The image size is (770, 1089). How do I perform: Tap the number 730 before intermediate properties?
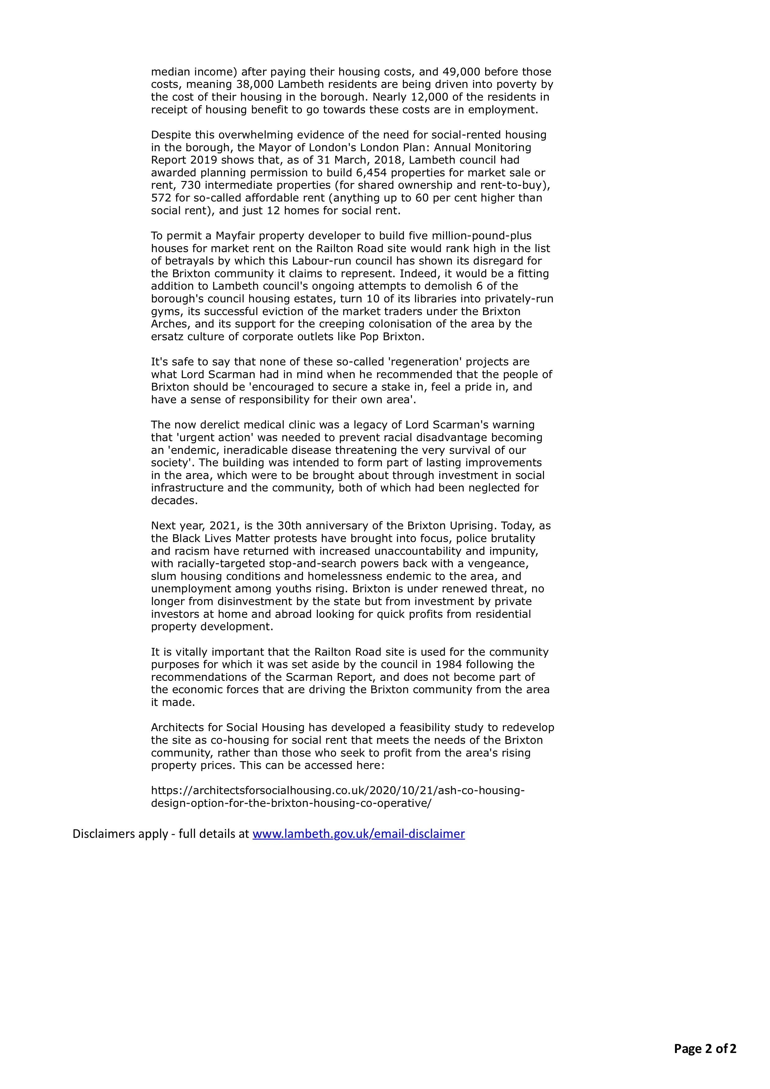pyautogui.click(x=191, y=185)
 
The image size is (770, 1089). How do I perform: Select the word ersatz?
pyautogui.click(x=166, y=337)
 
